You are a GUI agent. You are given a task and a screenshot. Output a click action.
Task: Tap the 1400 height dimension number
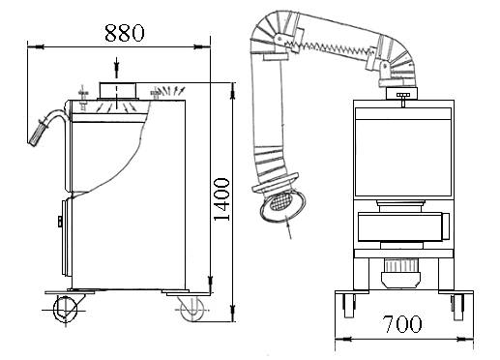coord(221,200)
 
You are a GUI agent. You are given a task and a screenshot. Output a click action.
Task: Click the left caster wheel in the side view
coord(65,308)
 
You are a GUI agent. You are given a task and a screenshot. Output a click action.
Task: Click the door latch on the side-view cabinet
coord(60,223)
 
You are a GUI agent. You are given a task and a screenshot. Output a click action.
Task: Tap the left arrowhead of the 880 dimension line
coord(32,45)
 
